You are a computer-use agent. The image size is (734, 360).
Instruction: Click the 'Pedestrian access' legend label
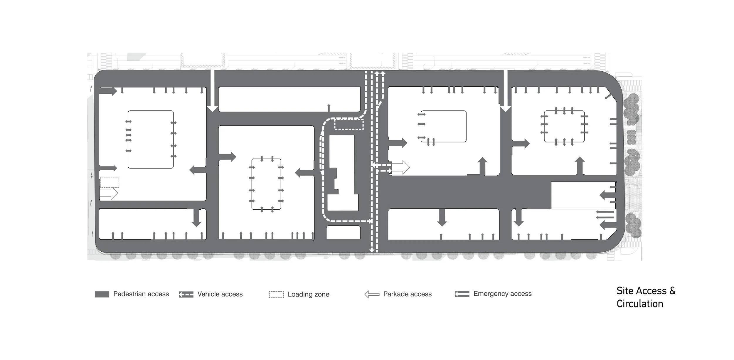tap(141, 294)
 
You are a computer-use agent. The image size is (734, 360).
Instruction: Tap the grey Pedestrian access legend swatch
tap(102, 294)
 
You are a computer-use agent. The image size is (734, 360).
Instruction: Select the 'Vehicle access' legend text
tap(220, 294)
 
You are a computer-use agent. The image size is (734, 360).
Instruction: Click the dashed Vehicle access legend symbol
tap(186, 294)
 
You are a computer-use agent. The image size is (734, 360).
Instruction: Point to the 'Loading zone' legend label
tap(308, 294)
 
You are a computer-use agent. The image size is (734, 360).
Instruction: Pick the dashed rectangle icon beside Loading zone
tap(276, 295)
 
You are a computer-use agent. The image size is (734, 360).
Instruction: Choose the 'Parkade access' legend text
tap(407, 294)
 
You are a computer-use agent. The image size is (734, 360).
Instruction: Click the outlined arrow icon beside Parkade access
tap(372, 294)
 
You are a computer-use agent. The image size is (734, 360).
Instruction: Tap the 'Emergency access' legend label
tap(502, 294)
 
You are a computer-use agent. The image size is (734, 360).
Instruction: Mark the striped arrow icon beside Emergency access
tap(462, 294)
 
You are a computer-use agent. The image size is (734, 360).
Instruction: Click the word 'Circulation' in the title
tap(640, 304)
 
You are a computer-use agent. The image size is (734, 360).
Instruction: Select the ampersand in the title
tap(672, 291)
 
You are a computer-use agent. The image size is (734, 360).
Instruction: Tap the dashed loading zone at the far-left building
tap(110, 182)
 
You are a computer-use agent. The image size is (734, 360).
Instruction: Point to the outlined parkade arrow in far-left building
tap(109, 193)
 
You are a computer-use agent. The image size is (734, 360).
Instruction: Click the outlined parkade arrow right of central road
tap(400, 167)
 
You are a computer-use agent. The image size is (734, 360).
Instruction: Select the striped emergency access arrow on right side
tap(605, 214)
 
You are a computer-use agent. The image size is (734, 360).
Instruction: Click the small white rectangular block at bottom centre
tap(343, 232)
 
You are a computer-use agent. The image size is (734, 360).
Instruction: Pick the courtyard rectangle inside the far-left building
tap(151, 139)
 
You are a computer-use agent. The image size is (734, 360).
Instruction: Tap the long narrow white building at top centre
tap(289, 99)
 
